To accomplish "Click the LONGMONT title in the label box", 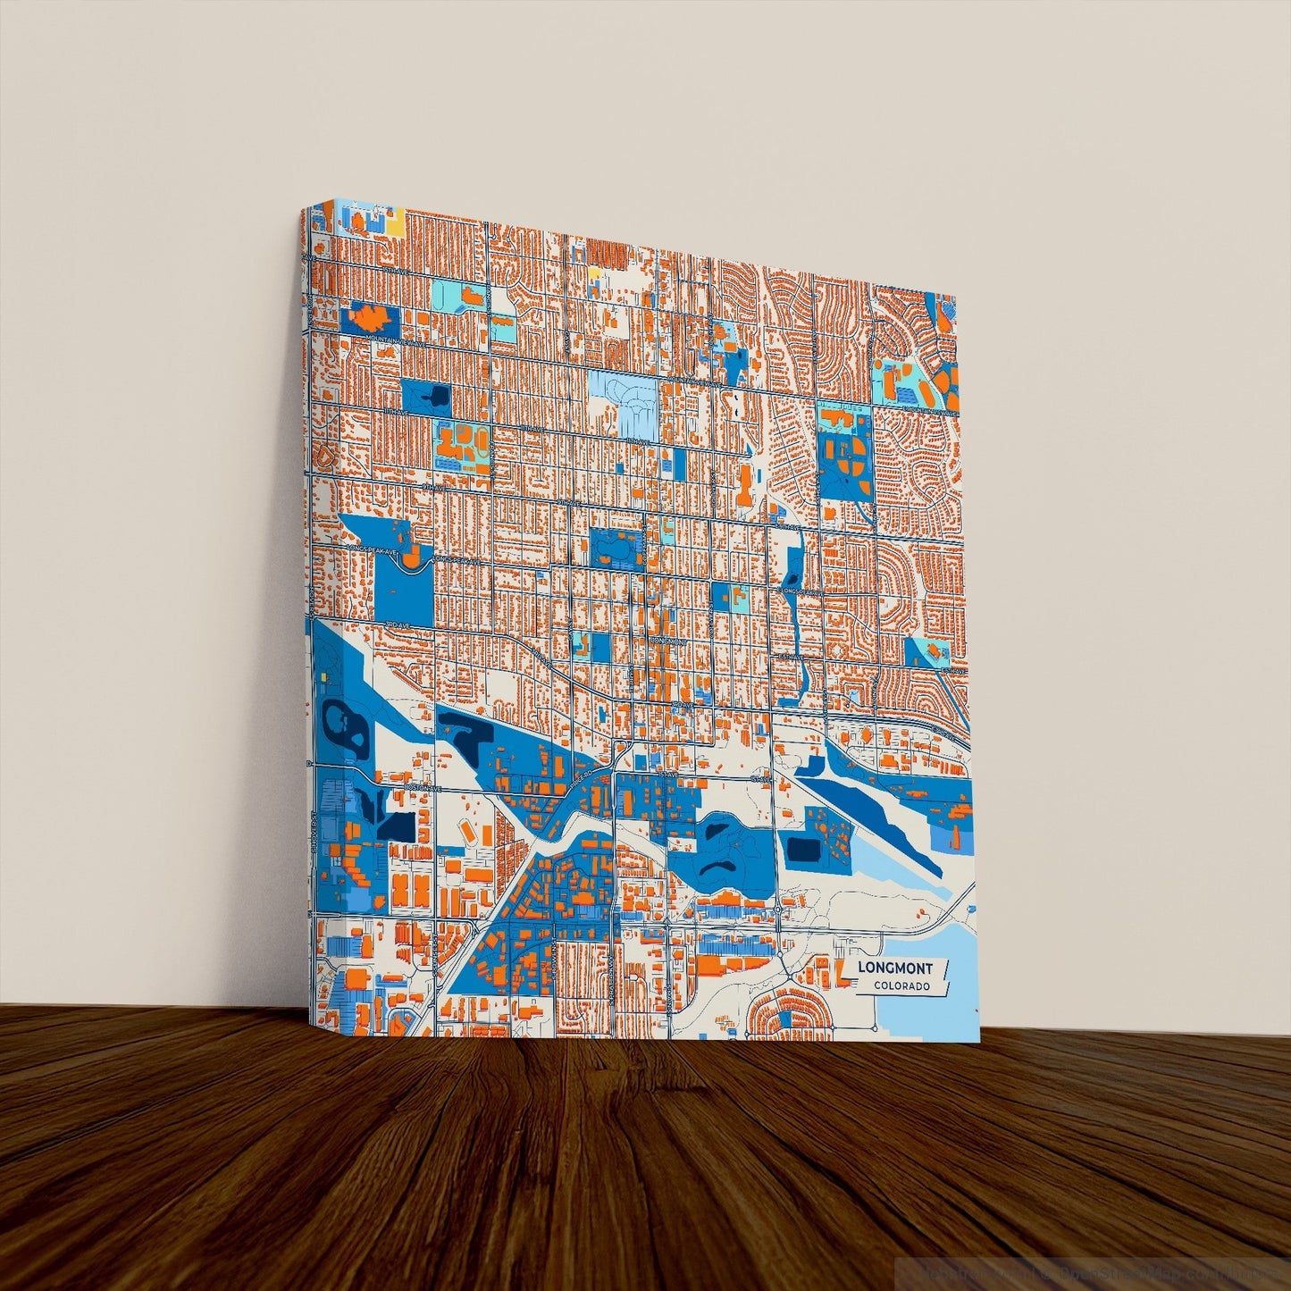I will tap(894, 968).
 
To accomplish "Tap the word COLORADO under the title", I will tap(901, 986).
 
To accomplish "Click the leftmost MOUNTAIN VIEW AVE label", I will tap(373, 341).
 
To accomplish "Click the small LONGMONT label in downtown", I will tap(666, 641).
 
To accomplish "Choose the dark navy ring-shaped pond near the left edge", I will tap(344, 725).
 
